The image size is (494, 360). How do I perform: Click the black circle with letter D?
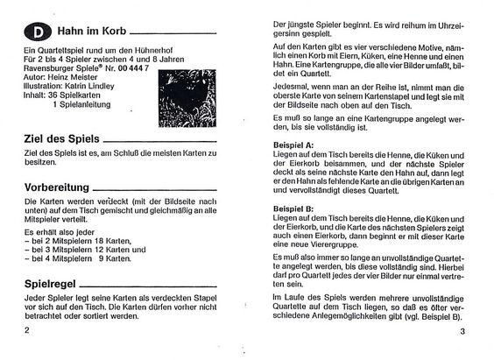click(x=39, y=32)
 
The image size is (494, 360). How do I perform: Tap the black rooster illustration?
click(x=187, y=97)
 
